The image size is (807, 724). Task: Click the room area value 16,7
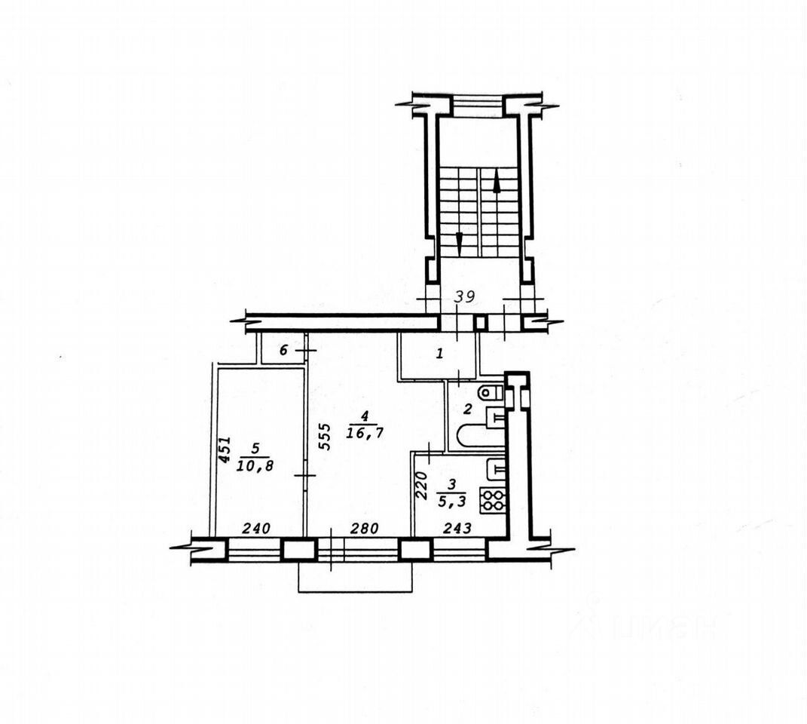coord(365,434)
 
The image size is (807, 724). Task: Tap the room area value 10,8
coord(255,466)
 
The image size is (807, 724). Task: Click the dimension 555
coord(324,437)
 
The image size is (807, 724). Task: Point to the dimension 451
coord(225,451)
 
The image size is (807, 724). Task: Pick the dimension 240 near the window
coord(256,528)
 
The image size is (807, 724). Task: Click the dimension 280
coord(365,528)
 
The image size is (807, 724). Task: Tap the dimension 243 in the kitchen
coord(457,528)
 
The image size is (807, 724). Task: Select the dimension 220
coord(421,486)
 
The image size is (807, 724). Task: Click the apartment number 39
coord(465,296)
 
